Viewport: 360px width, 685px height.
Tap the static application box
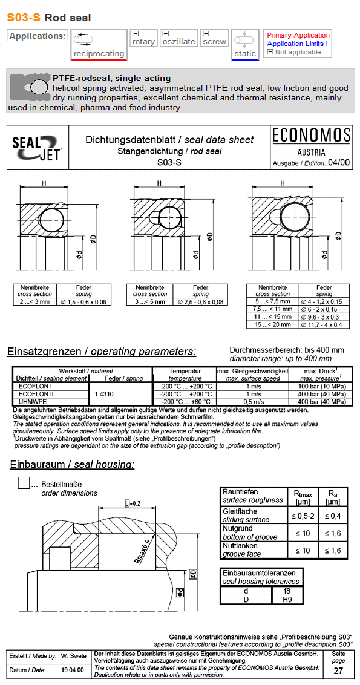point(245,44)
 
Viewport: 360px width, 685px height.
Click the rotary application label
point(143,42)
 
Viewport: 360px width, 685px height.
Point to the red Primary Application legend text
point(298,35)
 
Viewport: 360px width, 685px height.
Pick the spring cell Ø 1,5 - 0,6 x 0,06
point(83,301)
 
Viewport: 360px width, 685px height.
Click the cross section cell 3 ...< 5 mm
point(150,301)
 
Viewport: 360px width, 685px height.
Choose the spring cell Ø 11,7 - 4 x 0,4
point(324,325)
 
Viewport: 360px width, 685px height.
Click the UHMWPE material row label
point(30,401)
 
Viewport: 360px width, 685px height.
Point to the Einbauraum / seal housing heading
point(72,465)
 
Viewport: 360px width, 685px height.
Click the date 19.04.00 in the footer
point(73,670)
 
